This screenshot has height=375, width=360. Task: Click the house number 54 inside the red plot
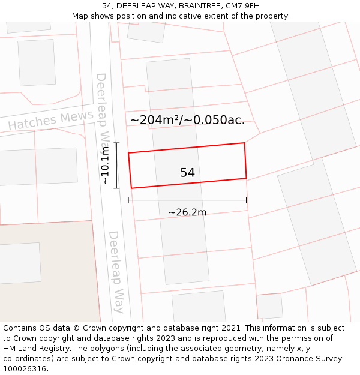[187, 173]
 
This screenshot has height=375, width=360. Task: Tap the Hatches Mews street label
[50, 121]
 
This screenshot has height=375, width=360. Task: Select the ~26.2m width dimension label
[187, 212]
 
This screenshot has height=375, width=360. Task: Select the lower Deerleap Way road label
[116, 272]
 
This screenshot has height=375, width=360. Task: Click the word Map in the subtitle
[80, 16]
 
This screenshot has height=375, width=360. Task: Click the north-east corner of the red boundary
[244, 143]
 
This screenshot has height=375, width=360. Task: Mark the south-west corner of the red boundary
[131, 188]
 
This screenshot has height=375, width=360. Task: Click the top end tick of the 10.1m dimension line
[117, 143]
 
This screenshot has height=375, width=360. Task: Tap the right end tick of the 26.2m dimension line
[247, 200]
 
